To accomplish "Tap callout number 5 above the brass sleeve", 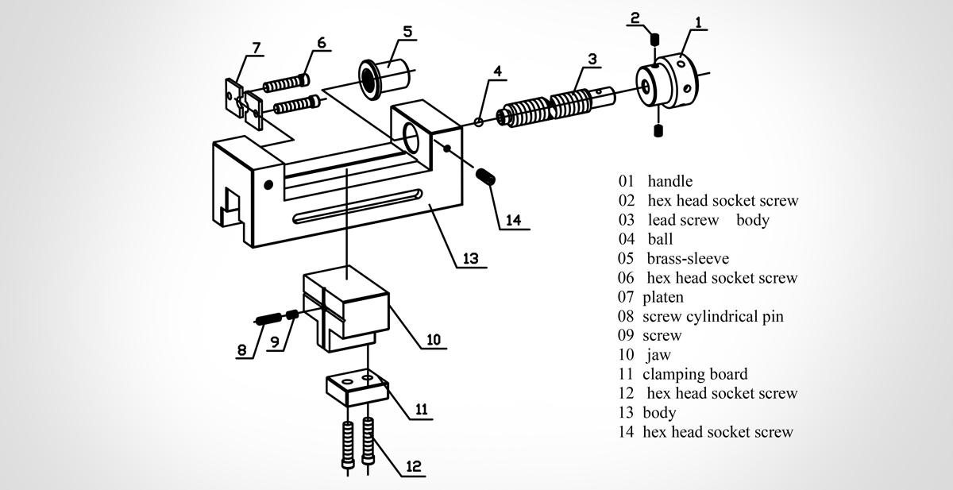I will point(407,32).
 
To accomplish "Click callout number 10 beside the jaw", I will point(433,340).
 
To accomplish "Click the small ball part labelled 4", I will point(478,122).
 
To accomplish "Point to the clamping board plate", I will point(356,387).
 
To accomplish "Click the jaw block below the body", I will point(347,306).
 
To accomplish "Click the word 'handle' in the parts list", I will point(669,182).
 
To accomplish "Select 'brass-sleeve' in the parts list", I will point(687,258).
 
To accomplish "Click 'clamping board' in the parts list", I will point(695,374).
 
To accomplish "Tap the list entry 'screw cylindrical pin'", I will point(712,316).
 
